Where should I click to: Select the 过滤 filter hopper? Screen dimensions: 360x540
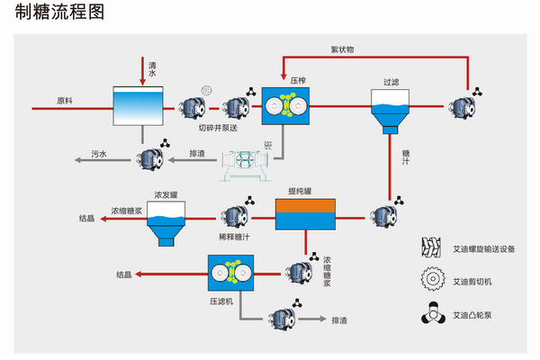(x=390, y=111)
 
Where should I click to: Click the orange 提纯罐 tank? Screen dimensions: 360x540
(x=304, y=213)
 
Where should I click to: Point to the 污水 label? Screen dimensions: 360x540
(x=99, y=154)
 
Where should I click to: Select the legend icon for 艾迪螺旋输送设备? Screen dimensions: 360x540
(x=432, y=247)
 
